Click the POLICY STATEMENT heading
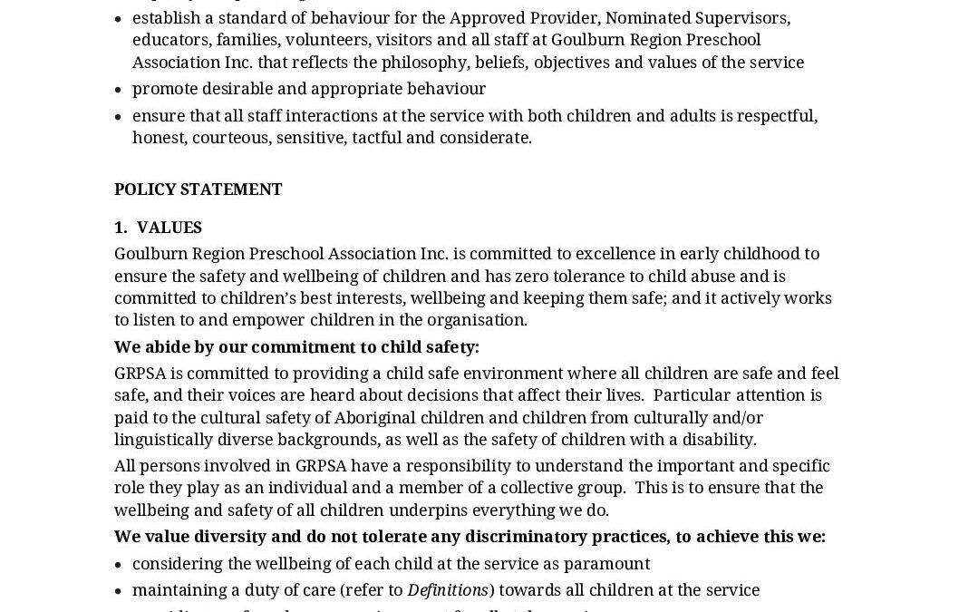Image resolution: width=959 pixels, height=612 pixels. pyautogui.click(x=198, y=189)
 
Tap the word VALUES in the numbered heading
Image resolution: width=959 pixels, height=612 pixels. pyautogui.click(x=170, y=228)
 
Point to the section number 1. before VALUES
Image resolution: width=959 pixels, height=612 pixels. pyautogui.click(x=121, y=228)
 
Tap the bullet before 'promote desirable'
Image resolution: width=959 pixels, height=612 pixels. pyautogui.click(x=119, y=89)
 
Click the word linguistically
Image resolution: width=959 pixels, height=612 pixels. pyautogui.click(x=170, y=440)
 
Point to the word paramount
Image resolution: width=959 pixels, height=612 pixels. pyautogui.click(x=606, y=564)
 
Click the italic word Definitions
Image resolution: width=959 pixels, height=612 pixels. pyautogui.click(x=448, y=590)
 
